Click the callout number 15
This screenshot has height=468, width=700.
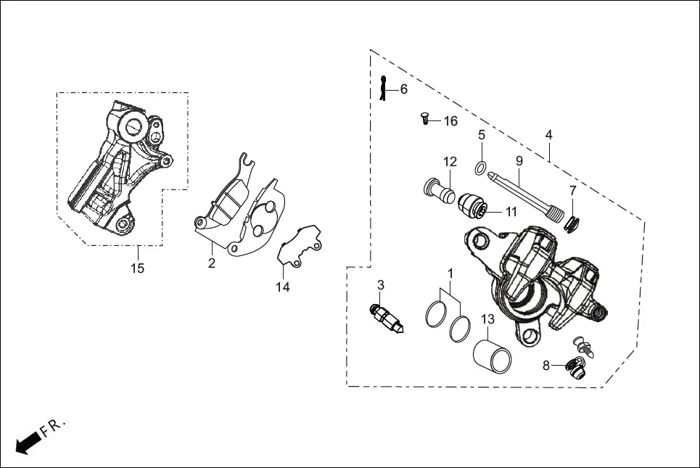(137, 268)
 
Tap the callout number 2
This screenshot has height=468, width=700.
(211, 263)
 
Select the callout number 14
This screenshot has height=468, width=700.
(282, 287)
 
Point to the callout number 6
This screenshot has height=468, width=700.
(403, 89)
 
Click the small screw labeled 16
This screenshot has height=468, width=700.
(426, 118)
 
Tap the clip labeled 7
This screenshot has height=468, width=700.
(572, 224)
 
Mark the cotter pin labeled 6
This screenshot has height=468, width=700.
(384, 88)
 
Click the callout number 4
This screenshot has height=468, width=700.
(549, 135)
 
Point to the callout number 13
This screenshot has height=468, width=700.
(487, 319)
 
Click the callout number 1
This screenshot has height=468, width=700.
(450, 274)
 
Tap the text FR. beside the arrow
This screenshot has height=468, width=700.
(54, 427)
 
